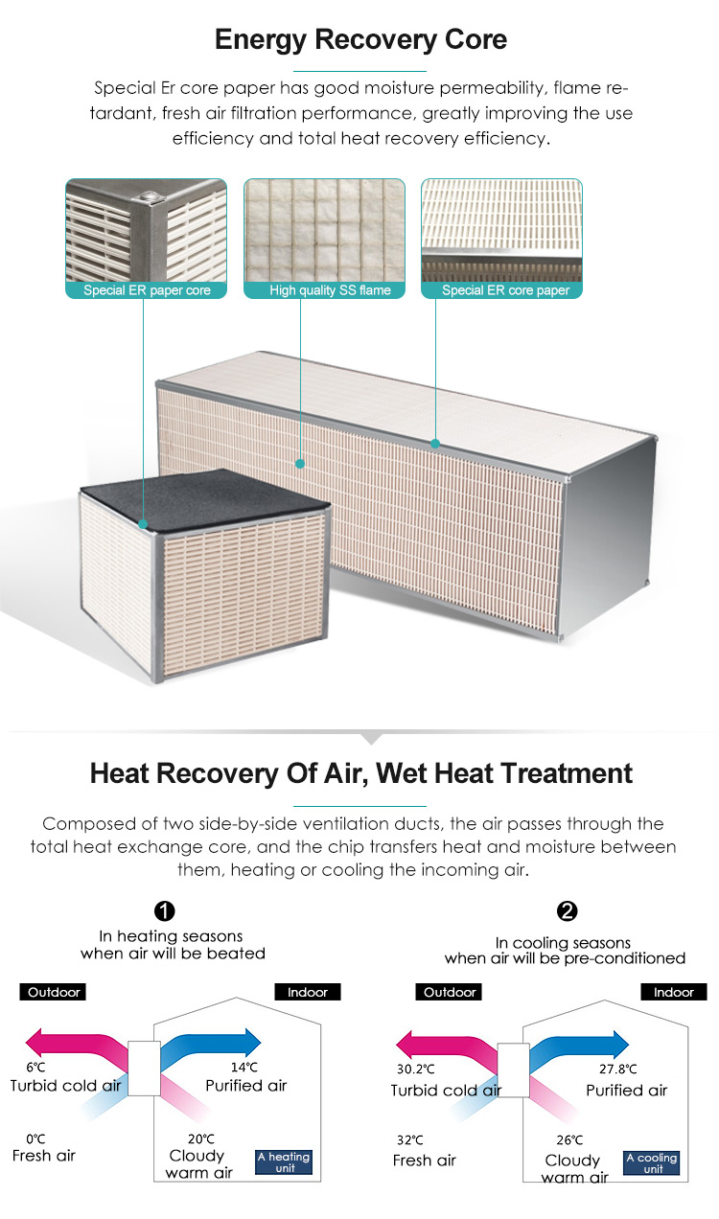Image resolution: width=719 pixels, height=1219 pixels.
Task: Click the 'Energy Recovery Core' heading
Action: click(360, 40)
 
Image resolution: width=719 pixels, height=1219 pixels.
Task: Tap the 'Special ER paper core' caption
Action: click(147, 290)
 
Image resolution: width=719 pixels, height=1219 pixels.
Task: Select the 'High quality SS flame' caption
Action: click(330, 290)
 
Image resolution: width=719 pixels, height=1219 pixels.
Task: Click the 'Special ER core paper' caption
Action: click(505, 290)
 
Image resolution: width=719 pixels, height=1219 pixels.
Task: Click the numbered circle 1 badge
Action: click(164, 911)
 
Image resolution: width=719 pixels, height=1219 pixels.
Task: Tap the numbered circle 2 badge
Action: click(567, 911)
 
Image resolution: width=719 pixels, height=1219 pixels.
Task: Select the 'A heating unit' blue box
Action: click(284, 1162)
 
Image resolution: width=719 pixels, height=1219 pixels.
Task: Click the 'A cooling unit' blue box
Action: click(652, 1163)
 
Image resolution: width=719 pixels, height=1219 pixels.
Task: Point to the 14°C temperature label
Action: click(244, 1068)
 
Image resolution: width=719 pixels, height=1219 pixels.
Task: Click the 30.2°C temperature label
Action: click(416, 1069)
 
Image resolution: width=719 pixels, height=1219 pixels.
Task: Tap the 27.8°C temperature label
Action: click(617, 1069)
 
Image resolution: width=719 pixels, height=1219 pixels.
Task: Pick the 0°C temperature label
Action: click(35, 1139)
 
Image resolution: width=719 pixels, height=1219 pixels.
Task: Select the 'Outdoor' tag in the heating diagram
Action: click(53, 992)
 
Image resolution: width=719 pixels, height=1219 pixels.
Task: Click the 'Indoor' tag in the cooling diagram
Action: click(674, 992)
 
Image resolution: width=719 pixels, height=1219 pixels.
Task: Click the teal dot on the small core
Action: click(143, 524)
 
